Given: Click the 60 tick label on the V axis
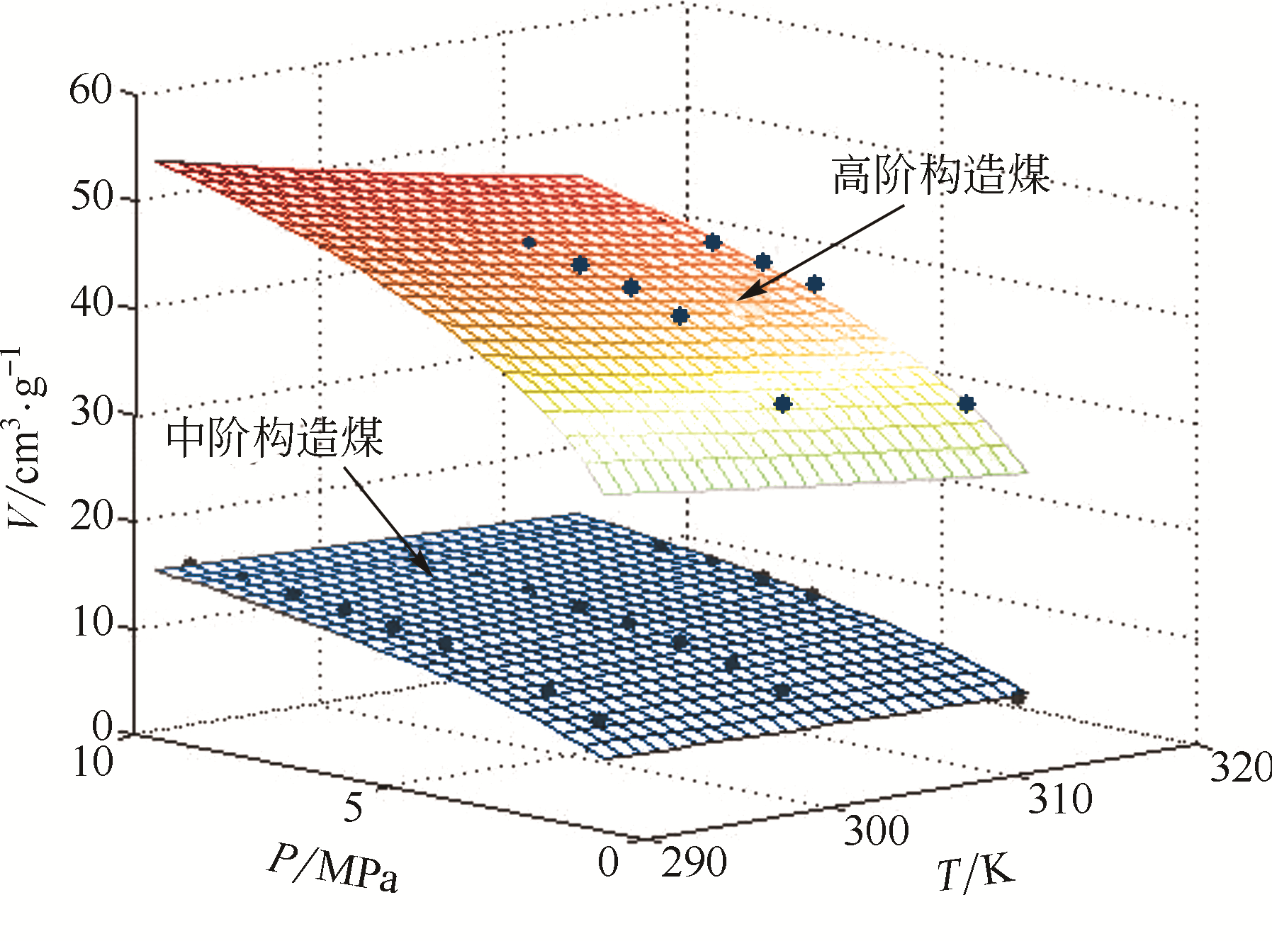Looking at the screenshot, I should click(91, 91).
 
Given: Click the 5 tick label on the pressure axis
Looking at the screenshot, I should click(353, 807).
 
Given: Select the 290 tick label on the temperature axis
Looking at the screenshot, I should click(694, 862).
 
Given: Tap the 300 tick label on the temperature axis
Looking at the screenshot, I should click(876, 831).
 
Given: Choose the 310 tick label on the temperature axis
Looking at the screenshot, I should click(1060, 799).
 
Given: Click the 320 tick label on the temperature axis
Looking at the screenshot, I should click(1240, 767).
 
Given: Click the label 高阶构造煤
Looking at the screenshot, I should click(940, 175).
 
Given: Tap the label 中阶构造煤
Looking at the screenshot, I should click(275, 437).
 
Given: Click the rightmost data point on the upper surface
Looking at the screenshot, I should click(967, 404).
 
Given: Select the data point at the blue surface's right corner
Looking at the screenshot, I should click(1018, 697).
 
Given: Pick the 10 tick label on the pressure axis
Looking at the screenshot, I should click(92, 763).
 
